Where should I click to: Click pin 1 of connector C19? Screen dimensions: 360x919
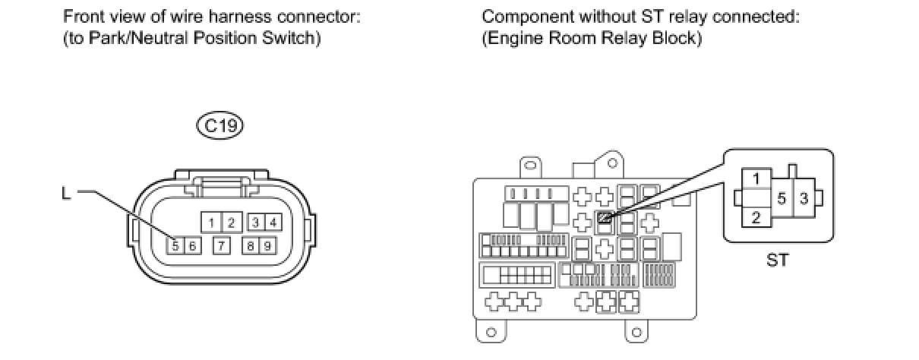click(x=212, y=222)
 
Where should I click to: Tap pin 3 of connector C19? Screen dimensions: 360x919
click(x=256, y=222)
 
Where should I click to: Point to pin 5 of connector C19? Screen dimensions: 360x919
click(x=175, y=245)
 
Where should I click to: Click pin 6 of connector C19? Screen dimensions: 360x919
click(x=192, y=245)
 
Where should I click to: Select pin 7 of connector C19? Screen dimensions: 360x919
click(x=221, y=245)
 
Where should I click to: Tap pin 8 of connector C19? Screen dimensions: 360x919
click(x=250, y=245)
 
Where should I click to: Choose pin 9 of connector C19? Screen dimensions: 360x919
click(x=267, y=245)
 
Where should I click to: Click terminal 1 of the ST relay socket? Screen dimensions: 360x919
click(x=756, y=179)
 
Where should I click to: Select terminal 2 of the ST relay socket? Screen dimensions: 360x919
click(x=756, y=217)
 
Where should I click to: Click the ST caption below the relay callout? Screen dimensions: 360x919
click(x=778, y=261)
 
